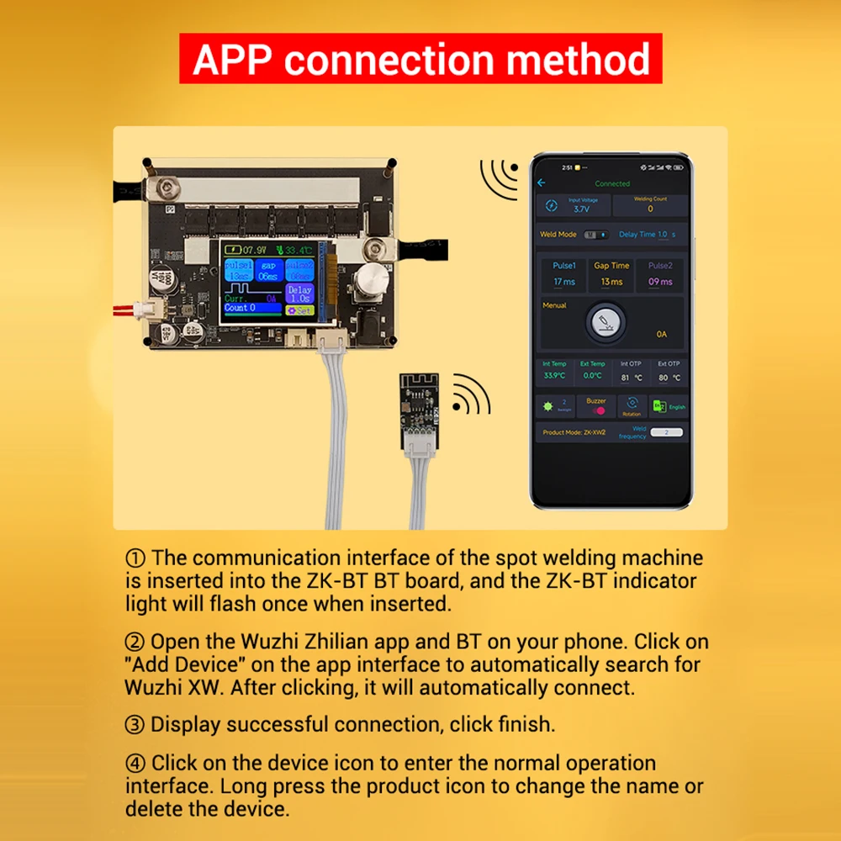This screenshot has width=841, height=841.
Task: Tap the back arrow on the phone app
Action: point(542,182)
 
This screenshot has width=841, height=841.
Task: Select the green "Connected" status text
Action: point(611,183)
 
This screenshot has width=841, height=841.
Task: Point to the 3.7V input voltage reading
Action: point(581,208)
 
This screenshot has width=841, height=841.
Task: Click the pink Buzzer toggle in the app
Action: point(596,410)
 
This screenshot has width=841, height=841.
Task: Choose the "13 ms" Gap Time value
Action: point(611,282)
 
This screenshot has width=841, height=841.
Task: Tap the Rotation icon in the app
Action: point(632,405)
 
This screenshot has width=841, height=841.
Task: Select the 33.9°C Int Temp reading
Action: point(554,376)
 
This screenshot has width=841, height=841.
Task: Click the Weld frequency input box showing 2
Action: point(666,432)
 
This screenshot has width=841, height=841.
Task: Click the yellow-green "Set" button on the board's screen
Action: point(299,310)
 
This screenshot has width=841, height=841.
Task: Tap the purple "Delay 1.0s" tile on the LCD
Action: point(299,293)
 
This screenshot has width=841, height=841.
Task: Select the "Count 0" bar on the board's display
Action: point(251,309)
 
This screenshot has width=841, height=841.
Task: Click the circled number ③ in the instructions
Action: point(135,724)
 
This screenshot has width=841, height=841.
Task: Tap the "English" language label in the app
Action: point(677,407)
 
